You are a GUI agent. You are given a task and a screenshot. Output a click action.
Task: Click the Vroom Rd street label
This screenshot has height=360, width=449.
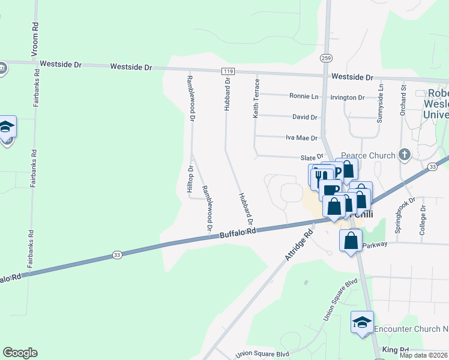(x=37, y=37)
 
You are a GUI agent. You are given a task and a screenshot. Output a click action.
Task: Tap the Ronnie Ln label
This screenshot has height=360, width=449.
(x=304, y=96)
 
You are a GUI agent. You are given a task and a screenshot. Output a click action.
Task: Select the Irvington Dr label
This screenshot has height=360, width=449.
(x=348, y=97)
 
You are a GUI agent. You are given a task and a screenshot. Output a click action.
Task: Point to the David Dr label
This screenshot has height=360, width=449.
(x=304, y=117)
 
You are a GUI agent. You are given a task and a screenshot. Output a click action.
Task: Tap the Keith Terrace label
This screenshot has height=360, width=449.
(x=256, y=97)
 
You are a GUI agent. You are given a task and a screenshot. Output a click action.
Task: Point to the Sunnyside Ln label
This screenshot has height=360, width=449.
(x=380, y=104)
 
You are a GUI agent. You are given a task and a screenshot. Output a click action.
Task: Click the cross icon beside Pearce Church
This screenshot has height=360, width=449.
(x=404, y=155)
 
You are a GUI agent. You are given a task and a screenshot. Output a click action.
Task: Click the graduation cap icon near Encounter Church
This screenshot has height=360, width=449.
(x=362, y=322)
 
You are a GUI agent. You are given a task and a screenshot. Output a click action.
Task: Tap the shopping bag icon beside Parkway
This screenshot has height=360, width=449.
(x=351, y=241)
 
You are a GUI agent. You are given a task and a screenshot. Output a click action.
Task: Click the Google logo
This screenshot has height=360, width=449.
(x=20, y=353)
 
